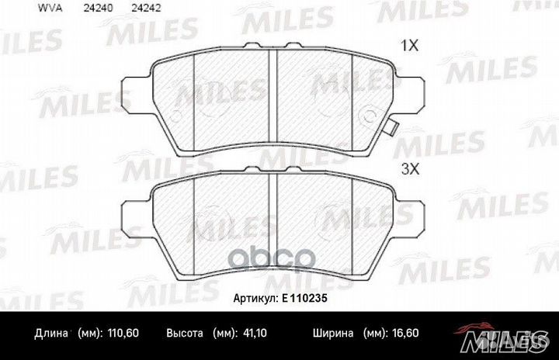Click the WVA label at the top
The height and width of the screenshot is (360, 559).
[50, 8]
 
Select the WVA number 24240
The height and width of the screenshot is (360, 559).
[99, 8]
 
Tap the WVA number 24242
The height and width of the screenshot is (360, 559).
[146, 8]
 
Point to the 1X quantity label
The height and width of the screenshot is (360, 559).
[410, 46]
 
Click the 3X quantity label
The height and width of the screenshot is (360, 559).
[411, 169]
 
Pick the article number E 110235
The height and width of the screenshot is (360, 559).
[304, 298]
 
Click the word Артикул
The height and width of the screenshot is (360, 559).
[255, 299]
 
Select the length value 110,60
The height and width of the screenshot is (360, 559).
[123, 333]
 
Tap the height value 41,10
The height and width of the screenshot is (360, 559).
[255, 333]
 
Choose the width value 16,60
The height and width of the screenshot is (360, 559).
[405, 333]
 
